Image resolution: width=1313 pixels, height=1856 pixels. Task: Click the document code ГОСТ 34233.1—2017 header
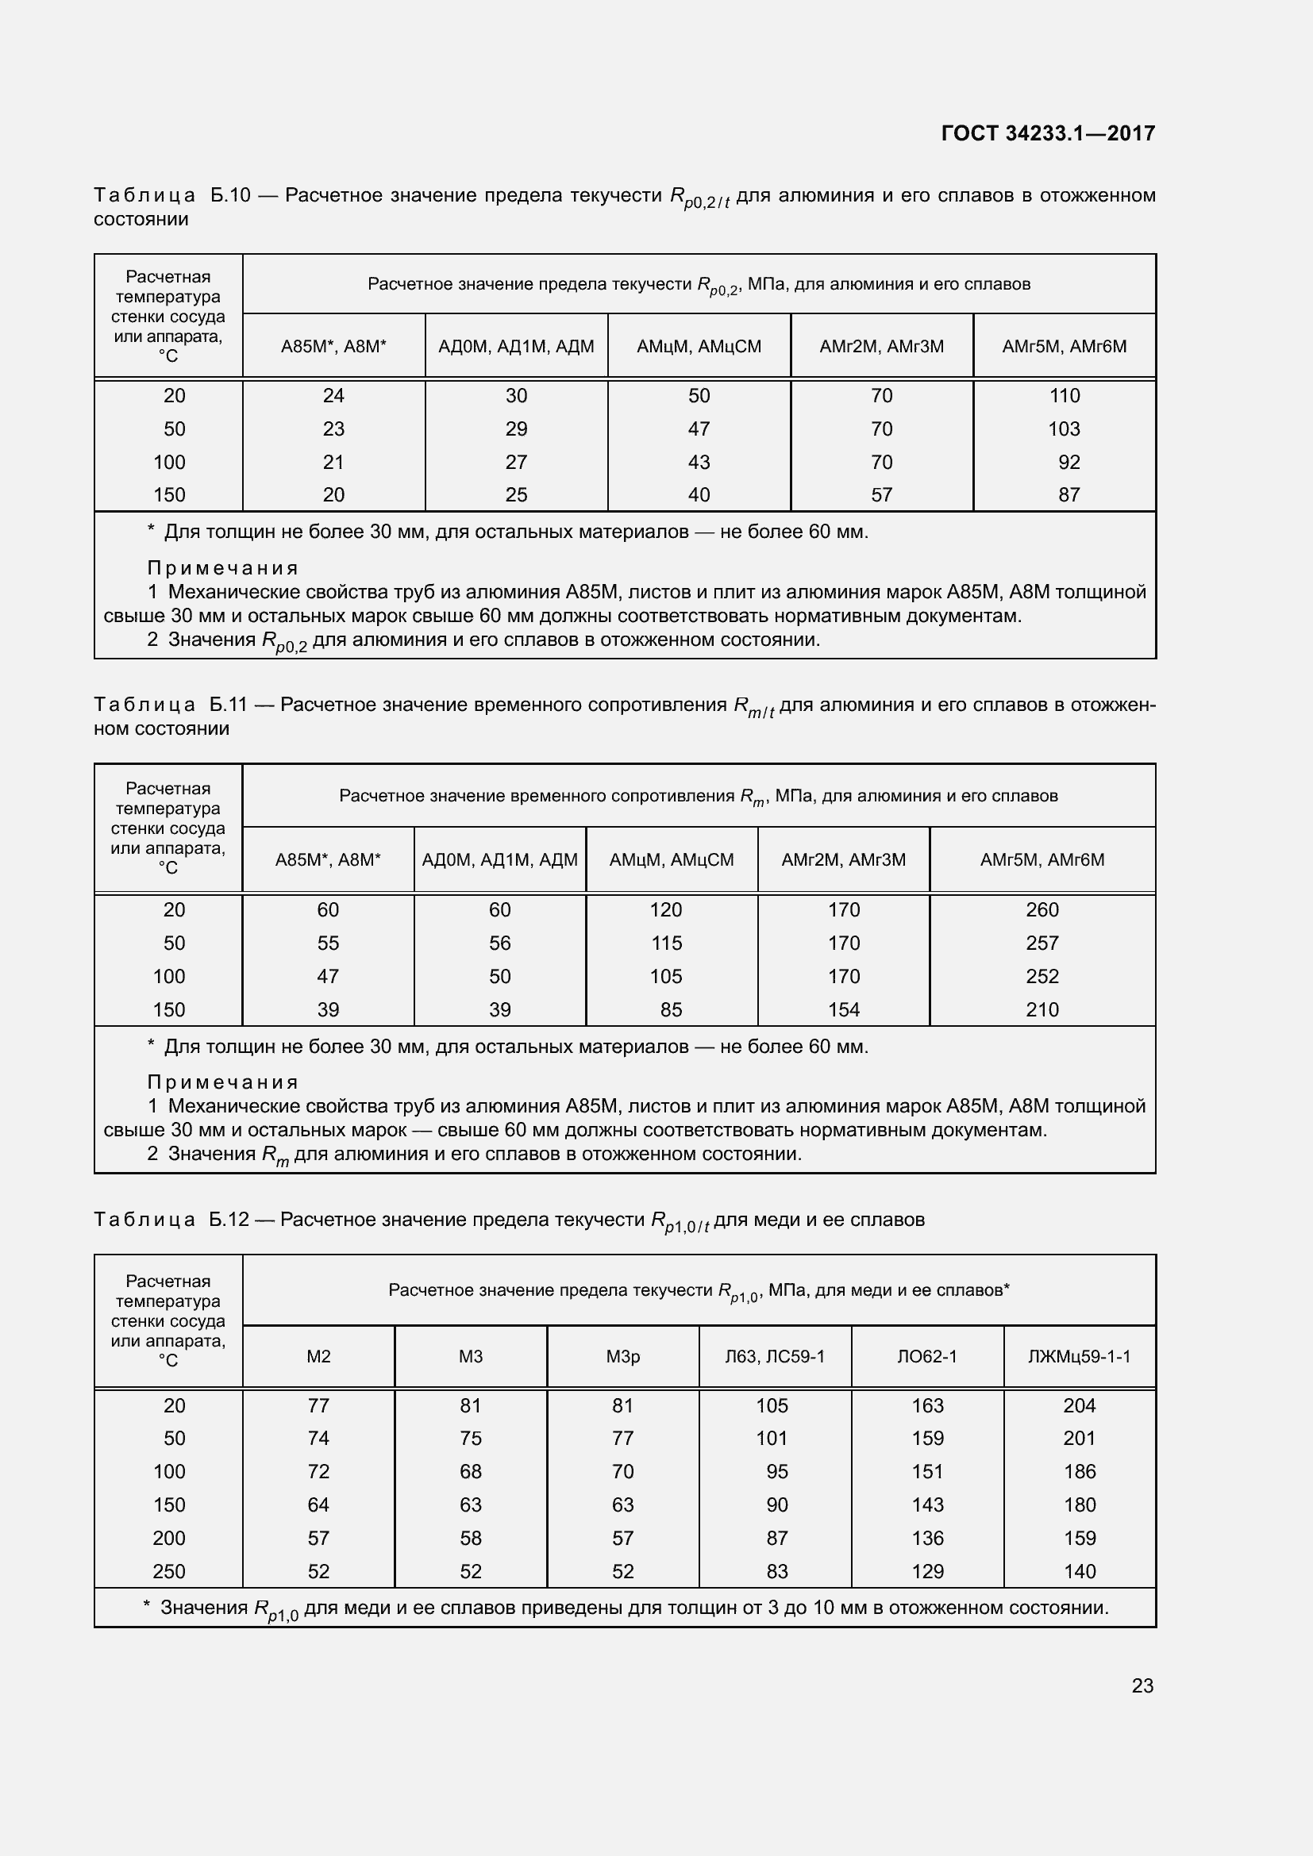1048,133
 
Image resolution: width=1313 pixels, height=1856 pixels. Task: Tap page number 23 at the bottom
1142,1685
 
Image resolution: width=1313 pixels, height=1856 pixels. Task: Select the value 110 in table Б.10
1064,395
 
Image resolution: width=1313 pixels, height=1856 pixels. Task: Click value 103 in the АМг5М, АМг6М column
1064,428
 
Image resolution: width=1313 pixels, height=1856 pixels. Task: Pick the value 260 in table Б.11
1042,909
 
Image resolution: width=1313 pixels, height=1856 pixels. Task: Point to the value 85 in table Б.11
671,1009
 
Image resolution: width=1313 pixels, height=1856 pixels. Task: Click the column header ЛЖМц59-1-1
1080,1355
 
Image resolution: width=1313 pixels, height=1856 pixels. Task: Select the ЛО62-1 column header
927,1355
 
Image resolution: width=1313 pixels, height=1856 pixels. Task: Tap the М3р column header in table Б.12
622,1355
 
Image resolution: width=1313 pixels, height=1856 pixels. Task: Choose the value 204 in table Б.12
1080,1405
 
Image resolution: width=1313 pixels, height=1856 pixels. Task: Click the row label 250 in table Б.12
169,1570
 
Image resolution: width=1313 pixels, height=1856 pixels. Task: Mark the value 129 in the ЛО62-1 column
927,1570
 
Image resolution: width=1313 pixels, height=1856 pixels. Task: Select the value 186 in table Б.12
1080,1471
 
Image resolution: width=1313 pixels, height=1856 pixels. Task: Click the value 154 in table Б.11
843,1009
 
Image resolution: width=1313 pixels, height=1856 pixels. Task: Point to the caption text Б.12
229,1219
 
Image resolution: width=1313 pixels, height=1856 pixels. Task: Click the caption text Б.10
230,195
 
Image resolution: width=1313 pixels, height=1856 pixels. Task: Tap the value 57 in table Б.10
881,494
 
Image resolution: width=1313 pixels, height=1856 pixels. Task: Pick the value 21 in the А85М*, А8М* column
333,462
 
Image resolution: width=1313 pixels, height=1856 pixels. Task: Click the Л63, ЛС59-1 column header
775,1355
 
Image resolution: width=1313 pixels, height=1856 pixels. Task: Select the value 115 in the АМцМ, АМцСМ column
666,943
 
